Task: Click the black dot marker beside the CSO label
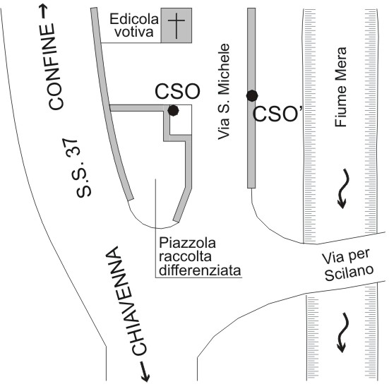click(173, 110)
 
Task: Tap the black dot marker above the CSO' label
click(252, 96)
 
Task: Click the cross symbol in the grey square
click(176, 25)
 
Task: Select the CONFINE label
click(54, 66)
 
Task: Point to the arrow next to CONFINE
click(44, 12)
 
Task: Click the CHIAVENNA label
click(126, 301)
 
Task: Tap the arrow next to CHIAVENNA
click(145, 371)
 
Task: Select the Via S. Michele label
click(224, 92)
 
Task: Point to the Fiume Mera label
click(340, 87)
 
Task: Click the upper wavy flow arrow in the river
click(344, 188)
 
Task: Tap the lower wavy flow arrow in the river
click(343, 333)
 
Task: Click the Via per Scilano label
click(347, 265)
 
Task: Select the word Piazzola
click(187, 243)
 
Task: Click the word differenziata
click(200, 270)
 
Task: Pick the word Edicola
click(134, 19)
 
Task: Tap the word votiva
click(134, 32)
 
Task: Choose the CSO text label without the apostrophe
click(177, 91)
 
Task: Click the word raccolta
click(185, 256)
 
